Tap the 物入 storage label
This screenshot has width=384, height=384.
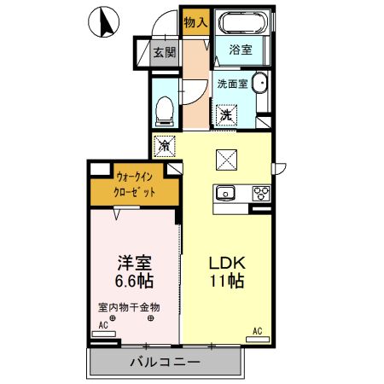pos(195,22)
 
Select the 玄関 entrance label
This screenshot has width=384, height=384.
pos(164,52)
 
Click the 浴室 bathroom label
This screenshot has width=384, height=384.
pos(241,51)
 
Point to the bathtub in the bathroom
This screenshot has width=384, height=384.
pos(241,23)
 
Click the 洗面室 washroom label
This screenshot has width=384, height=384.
pos(232,84)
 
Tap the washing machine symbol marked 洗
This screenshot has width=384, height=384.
pos(226,113)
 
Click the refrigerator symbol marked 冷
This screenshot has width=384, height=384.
pos(165,146)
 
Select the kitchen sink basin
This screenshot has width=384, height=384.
pos(226,193)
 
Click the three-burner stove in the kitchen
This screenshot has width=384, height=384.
pos(259,194)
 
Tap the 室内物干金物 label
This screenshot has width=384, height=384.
pos(128,307)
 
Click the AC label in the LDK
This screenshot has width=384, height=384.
pos(256,330)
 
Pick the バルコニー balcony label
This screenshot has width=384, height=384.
pos(166,362)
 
